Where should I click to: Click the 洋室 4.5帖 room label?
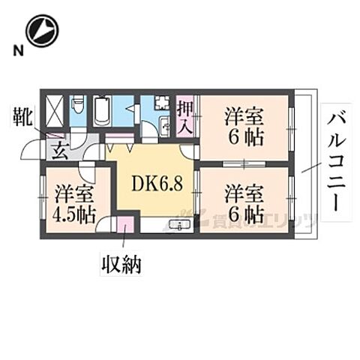click(73, 202)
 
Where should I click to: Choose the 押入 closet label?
click(184, 115)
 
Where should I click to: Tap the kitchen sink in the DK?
click(178, 225)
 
